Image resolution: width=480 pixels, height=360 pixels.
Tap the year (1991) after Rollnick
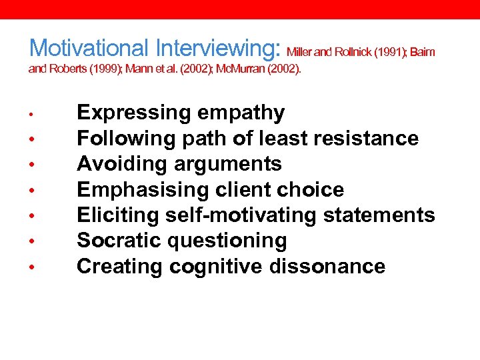click(x=386, y=51)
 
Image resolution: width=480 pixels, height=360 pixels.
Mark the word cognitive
click(x=217, y=267)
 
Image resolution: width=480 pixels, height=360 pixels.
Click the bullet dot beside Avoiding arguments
click(x=32, y=165)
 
